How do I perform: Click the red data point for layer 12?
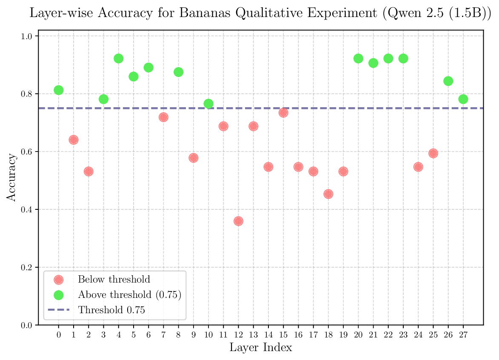click(x=238, y=221)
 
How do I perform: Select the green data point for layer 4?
click(x=119, y=58)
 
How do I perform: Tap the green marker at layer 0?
click(x=59, y=90)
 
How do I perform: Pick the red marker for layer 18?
click(x=328, y=194)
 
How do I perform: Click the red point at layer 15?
click(x=283, y=113)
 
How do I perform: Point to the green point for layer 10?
click(x=208, y=104)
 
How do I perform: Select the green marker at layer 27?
click(x=463, y=99)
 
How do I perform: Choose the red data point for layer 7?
click(x=163, y=117)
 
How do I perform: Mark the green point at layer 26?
click(x=448, y=81)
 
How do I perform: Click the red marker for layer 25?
click(x=433, y=153)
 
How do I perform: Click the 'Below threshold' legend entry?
click(x=114, y=280)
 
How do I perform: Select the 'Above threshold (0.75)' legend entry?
click(x=130, y=295)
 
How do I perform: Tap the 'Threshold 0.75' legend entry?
click(x=111, y=310)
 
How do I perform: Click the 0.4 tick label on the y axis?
click(x=27, y=210)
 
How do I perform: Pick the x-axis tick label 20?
click(x=358, y=335)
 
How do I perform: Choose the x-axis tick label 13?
click(x=253, y=335)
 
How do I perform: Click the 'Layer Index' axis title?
click(x=261, y=348)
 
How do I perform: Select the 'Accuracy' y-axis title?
click(x=11, y=177)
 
